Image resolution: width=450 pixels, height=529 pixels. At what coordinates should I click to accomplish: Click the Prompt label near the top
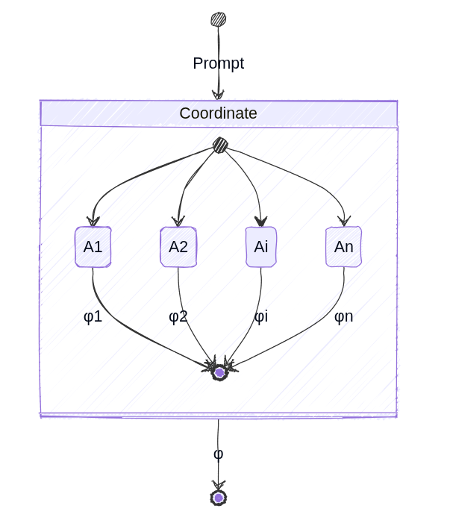coord(218,63)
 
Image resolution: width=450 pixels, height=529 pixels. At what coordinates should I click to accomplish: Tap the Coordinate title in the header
coord(218,113)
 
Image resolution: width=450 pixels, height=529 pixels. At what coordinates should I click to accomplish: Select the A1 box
coord(93,247)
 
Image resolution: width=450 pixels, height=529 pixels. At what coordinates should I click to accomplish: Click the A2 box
coord(178,247)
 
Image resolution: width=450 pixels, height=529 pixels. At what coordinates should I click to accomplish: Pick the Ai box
coord(261,247)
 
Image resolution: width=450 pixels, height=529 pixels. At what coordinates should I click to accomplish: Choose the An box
coord(343,247)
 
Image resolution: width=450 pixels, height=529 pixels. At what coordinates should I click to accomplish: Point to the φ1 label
coord(93,316)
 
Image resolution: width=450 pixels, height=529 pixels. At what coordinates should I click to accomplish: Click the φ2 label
coord(178,316)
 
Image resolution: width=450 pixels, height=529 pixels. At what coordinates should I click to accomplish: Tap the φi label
coord(261,316)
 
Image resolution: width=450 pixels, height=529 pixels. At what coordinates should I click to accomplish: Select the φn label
coord(343,316)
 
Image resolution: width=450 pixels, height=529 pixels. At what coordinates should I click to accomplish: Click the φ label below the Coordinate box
coord(218,454)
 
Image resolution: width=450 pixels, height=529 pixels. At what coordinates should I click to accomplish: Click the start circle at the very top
coord(218,19)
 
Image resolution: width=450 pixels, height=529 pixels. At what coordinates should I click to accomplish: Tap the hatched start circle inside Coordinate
coord(220,145)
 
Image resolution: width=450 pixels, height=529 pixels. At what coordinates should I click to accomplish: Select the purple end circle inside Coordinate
coord(219,372)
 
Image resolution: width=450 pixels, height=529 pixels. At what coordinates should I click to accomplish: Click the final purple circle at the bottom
coord(218,498)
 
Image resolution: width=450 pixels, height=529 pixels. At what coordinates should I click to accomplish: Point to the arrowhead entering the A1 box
coord(93,221)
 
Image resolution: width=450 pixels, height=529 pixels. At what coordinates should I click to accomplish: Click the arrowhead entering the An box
coord(343,220)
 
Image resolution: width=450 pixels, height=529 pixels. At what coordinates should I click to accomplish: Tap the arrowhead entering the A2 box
coord(178,221)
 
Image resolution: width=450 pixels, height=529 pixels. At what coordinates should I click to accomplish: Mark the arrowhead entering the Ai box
coord(260,221)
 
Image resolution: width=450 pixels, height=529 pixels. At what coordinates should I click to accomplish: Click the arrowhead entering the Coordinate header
coord(218,95)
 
